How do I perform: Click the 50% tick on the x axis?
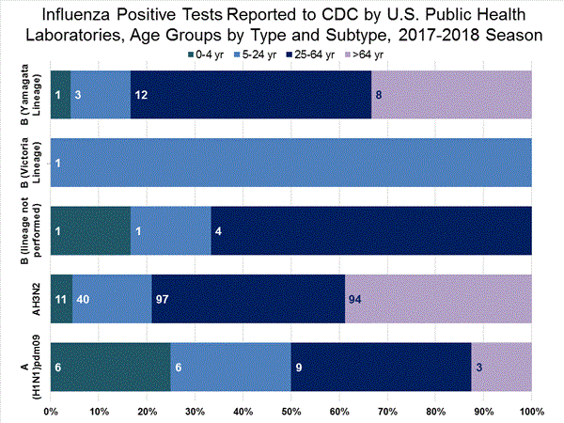290,411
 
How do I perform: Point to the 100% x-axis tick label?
531,411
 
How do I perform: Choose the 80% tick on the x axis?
435,411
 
